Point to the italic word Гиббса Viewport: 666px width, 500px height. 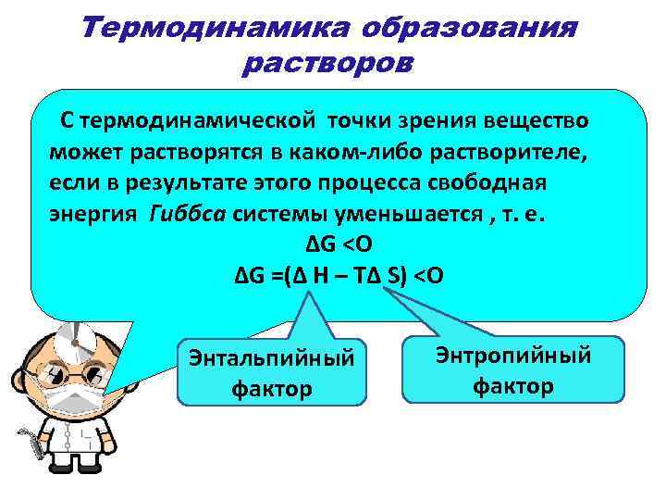tap(190, 216)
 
